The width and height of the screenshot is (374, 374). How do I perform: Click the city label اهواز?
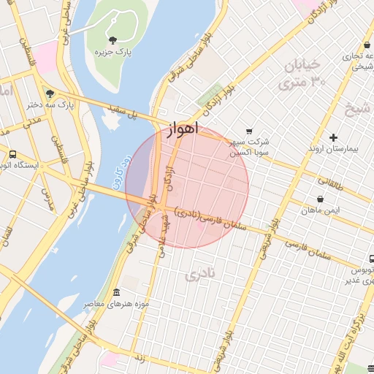(x=183, y=129)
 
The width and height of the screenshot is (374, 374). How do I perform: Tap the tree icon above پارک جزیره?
(x=112, y=40)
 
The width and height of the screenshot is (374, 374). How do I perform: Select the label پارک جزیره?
(x=112, y=53)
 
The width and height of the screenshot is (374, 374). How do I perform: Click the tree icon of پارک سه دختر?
(x=50, y=93)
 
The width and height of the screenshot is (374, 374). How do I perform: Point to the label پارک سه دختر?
(x=50, y=105)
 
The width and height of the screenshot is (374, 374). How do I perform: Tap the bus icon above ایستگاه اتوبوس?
(x=12, y=154)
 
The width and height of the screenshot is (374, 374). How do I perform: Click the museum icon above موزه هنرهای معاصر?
(x=117, y=293)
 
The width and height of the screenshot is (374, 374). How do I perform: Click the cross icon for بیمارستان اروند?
(x=333, y=137)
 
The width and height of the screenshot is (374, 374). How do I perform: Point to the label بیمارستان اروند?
(x=333, y=148)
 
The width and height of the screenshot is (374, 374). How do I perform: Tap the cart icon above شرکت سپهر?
(x=250, y=131)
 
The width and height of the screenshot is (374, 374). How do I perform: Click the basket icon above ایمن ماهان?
(x=320, y=198)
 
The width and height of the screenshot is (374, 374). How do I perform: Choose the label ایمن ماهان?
(x=320, y=210)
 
